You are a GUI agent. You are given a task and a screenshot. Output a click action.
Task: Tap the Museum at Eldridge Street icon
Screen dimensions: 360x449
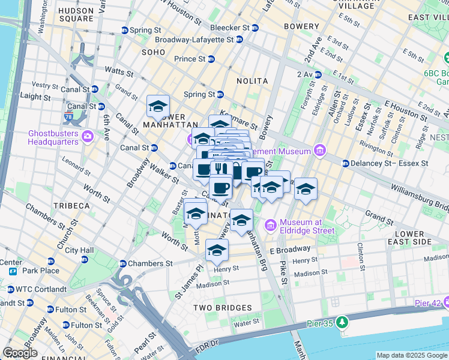(x=270, y=226)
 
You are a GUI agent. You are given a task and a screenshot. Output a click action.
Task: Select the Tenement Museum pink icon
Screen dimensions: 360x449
(x=320, y=150)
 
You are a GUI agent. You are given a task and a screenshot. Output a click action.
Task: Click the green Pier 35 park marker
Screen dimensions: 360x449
(x=342, y=323)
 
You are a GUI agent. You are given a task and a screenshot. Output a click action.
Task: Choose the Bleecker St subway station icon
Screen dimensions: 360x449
(x=255, y=28)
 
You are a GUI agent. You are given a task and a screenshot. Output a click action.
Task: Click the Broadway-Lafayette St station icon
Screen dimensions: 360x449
(x=240, y=40)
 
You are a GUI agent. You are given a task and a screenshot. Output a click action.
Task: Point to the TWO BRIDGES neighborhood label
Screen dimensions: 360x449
(x=222, y=308)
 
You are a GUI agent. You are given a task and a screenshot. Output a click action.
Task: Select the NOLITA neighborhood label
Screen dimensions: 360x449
(x=252, y=80)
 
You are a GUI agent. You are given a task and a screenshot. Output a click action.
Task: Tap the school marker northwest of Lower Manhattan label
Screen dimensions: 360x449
(x=158, y=106)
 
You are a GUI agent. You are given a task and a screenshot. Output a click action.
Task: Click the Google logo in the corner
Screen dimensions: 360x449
(x=20, y=353)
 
